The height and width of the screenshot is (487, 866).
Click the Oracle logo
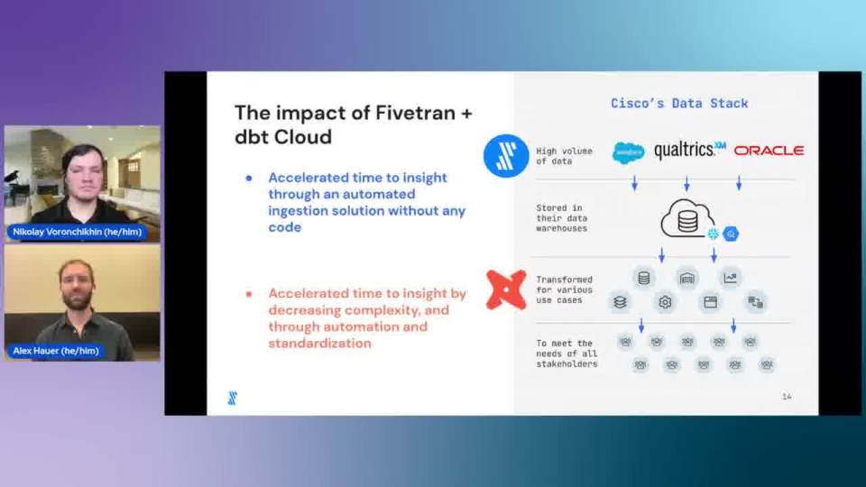tap(769, 151)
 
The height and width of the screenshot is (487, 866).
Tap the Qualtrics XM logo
tap(690, 151)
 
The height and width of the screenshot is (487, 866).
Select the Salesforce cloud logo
tap(629, 152)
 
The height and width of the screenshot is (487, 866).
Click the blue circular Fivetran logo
tap(506, 156)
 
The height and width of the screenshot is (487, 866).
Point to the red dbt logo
tap(506, 289)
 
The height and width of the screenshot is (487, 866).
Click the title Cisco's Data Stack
tap(679, 103)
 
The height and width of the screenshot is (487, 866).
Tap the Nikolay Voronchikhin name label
tap(78, 232)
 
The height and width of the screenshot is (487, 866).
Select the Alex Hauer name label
tap(56, 351)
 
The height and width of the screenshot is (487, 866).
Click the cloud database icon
tap(687, 218)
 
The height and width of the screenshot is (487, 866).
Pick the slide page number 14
tap(787, 397)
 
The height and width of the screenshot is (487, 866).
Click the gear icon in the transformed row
tap(665, 302)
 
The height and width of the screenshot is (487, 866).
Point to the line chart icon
tap(730, 278)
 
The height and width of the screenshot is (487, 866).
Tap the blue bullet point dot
tap(249, 178)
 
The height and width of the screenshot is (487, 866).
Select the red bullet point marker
tap(249, 294)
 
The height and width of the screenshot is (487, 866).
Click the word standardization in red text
tap(319, 344)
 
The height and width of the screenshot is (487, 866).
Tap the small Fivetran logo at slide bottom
tap(233, 398)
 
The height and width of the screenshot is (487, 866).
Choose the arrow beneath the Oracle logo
tap(739, 183)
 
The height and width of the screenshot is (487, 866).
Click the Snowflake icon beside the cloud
tap(714, 234)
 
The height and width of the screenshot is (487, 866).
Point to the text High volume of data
tap(564, 156)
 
